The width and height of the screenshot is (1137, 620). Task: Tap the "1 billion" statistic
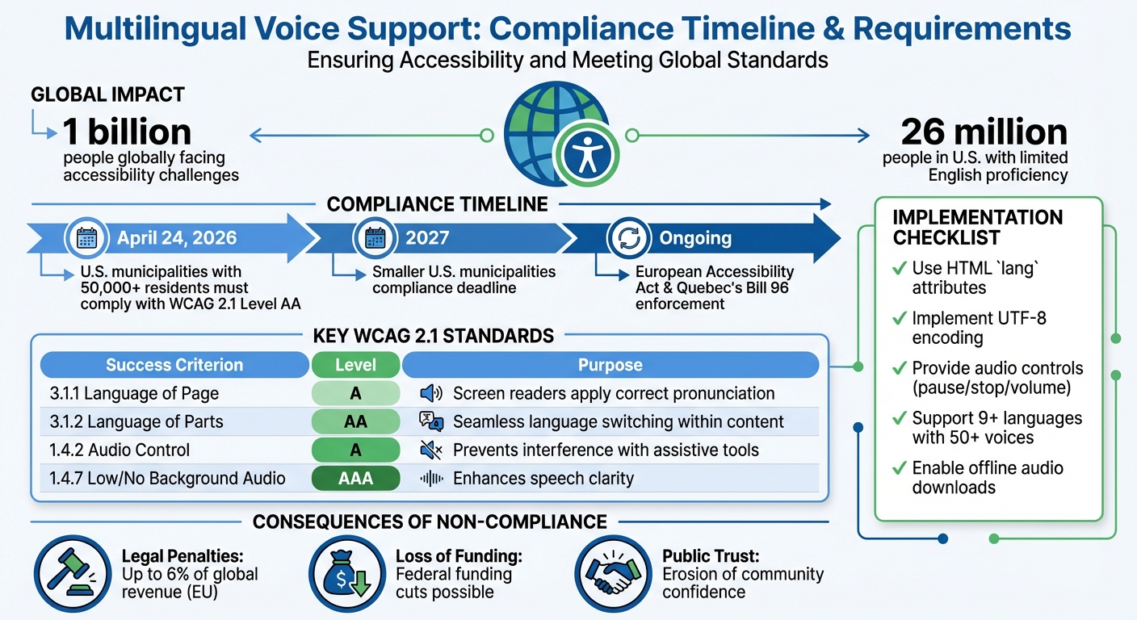[127, 132]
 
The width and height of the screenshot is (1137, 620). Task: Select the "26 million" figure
[984, 132]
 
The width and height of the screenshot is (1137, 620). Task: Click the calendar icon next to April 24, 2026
[86, 237]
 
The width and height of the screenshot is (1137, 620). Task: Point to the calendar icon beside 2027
[374, 237]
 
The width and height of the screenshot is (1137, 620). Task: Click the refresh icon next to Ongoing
[627, 237]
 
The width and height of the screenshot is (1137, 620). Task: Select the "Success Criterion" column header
[174, 365]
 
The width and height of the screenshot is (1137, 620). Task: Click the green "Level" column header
[355, 365]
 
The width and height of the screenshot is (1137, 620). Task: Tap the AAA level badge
[355, 479]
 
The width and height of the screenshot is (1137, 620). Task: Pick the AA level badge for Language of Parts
[355, 422]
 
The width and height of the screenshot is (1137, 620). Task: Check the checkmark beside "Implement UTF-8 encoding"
[899, 319]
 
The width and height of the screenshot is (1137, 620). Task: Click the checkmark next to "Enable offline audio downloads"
[899, 468]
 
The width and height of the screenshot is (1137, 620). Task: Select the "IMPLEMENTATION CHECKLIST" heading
[977, 228]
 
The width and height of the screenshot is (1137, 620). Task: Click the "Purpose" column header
[610, 365]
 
